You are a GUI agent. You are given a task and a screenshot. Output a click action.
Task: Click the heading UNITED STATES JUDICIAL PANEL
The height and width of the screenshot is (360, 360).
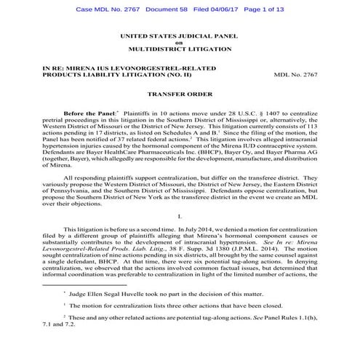coord(179,34)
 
